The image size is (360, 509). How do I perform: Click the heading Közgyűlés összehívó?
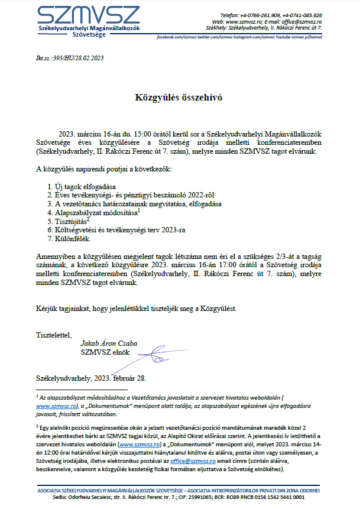180,96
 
